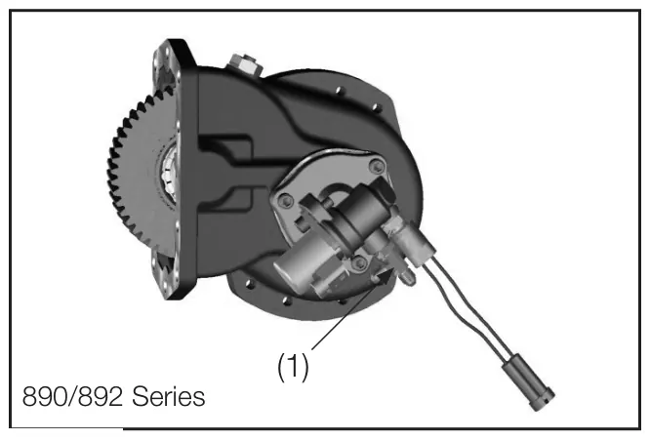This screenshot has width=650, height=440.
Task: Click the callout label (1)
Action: [x=293, y=367]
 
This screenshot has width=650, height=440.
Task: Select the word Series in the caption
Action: [x=168, y=396]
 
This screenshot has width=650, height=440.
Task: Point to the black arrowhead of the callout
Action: [x=384, y=277]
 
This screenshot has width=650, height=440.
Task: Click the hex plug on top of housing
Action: [x=243, y=63]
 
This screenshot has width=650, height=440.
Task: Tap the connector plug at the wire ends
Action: [x=529, y=385]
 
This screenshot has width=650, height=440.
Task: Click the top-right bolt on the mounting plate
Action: [x=377, y=166]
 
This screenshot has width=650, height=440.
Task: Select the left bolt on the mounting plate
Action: [x=284, y=202]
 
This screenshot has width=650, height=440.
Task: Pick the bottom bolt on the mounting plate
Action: [x=358, y=261]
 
